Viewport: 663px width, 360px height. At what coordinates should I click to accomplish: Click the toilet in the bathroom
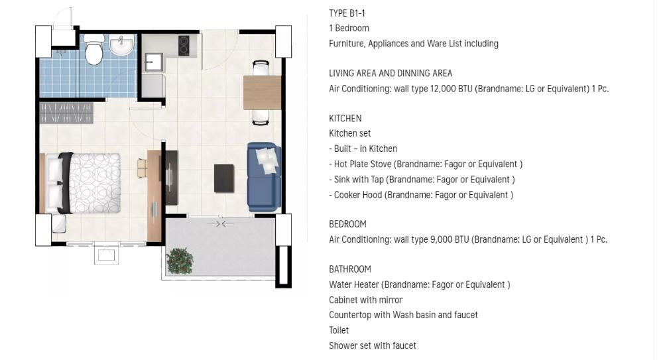[94, 50]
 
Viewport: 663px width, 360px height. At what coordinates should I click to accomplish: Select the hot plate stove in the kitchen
[184, 45]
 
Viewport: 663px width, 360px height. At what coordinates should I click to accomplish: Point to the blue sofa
[264, 177]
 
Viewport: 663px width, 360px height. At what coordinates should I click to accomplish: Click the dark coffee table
[224, 178]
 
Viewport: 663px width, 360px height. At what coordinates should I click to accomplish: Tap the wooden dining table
[262, 92]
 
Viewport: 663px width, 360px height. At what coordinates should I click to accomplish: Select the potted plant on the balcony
[180, 261]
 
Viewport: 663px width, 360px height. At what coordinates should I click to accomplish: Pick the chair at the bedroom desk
[142, 168]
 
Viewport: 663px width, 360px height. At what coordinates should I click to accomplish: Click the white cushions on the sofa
[267, 160]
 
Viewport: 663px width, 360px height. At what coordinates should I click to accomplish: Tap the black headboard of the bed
[65, 183]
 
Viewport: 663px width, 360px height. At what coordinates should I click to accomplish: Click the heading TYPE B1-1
[347, 13]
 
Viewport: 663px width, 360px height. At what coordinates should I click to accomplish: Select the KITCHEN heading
[345, 119]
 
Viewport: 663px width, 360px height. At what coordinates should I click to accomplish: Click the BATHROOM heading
[349, 269]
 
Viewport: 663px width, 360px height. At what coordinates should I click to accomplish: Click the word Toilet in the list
[339, 330]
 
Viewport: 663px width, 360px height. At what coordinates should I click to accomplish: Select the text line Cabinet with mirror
[365, 300]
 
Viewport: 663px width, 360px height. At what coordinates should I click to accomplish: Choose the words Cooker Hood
[358, 195]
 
